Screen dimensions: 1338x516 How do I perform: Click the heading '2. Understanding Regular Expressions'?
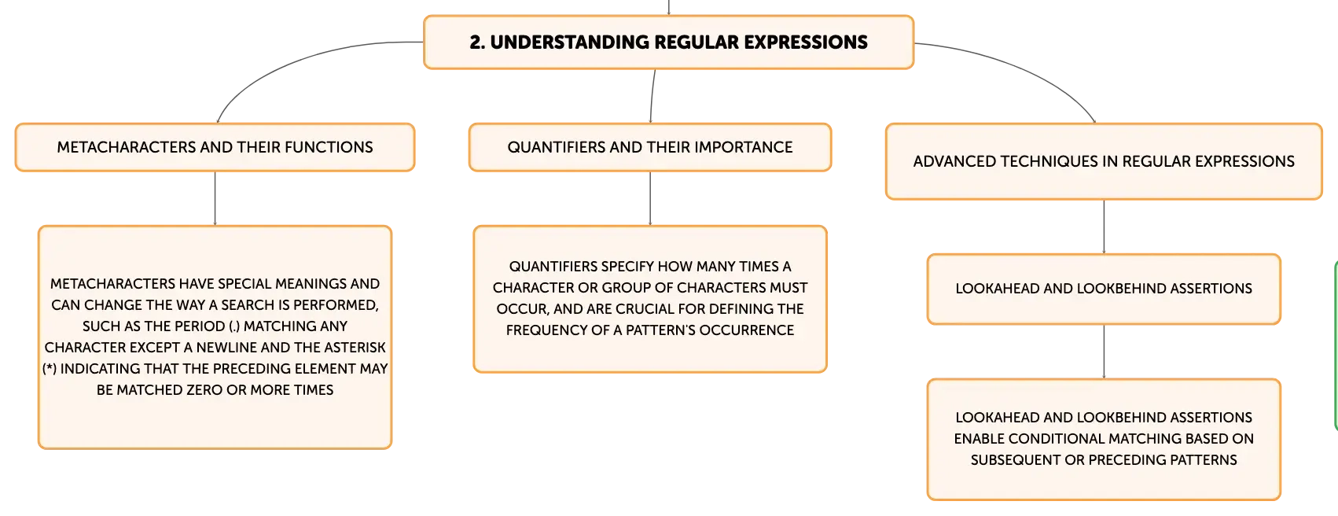668,42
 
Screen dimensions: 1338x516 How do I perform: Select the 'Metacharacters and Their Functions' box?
215,147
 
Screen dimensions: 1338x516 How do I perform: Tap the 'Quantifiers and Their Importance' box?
650,147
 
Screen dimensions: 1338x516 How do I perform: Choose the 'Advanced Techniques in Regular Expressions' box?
1104,161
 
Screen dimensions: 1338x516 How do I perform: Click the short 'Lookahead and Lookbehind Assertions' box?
1104,289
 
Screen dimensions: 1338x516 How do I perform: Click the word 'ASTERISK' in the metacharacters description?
355,348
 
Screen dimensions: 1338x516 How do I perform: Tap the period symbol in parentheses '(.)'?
234,326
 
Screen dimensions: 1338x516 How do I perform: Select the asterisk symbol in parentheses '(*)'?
49,369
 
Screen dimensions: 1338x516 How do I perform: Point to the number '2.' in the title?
477,42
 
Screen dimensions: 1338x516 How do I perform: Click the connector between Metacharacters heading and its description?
215,198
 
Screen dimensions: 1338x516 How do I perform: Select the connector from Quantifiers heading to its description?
650,198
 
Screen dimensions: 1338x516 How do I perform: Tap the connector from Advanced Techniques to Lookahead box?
1104,227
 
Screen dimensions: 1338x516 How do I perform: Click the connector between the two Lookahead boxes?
1104,352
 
